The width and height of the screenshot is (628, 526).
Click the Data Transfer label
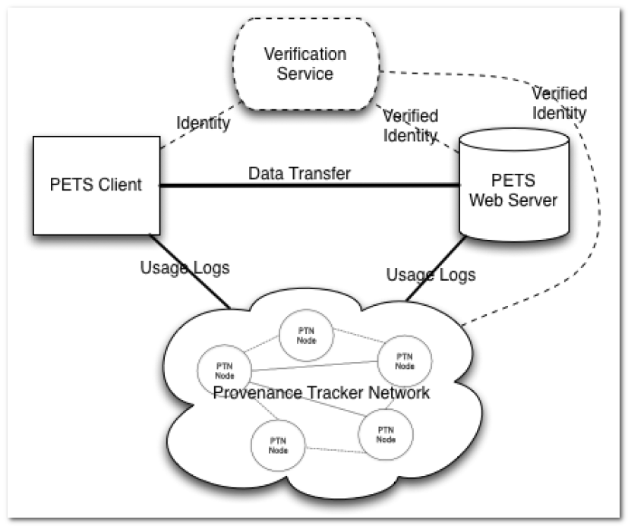(x=299, y=174)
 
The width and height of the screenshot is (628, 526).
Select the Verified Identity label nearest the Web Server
(x=411, y=126)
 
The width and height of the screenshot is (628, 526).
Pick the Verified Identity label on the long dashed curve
(x=559, y=103)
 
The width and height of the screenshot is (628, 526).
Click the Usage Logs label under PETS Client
(x=185, y=267)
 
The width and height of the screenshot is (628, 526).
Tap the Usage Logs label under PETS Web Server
(x=431, y=274)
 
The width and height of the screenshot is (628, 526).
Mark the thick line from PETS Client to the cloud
(x=190, y=270)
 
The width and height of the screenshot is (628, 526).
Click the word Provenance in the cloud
(x=257, y=393)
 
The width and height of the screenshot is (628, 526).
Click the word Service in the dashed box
(x=305, y=74)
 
